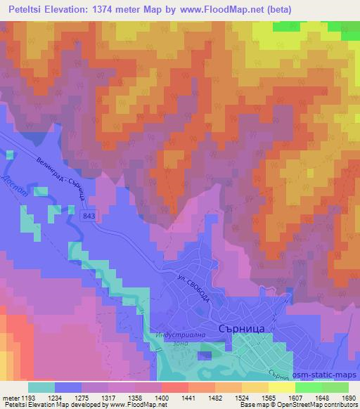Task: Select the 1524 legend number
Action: tap(247, 398)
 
